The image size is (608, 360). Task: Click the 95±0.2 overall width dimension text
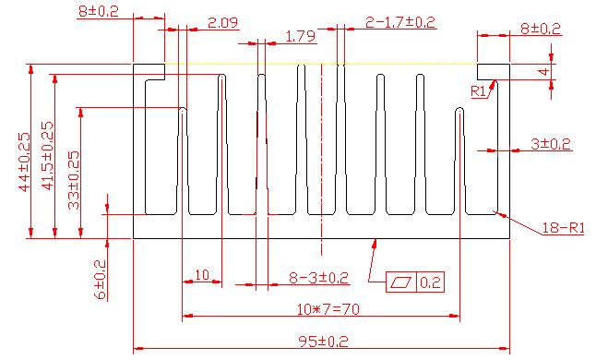(x=324, y=342)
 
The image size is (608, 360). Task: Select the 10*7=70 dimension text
(x=328, y=309)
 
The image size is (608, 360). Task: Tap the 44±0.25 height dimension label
(x=24, y=162)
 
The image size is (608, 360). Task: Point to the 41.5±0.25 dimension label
(x=48, y=156)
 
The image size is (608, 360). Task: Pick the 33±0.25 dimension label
(x=74, y=180)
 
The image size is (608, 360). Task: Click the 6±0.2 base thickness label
(x=100, y=280)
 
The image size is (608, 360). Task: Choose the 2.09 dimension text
(x=222, y=23)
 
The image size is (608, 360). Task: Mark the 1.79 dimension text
(x=301, y=37)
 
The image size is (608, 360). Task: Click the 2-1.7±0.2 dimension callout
(x=400, y=22)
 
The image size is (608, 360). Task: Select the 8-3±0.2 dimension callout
(x=318, y=278)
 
